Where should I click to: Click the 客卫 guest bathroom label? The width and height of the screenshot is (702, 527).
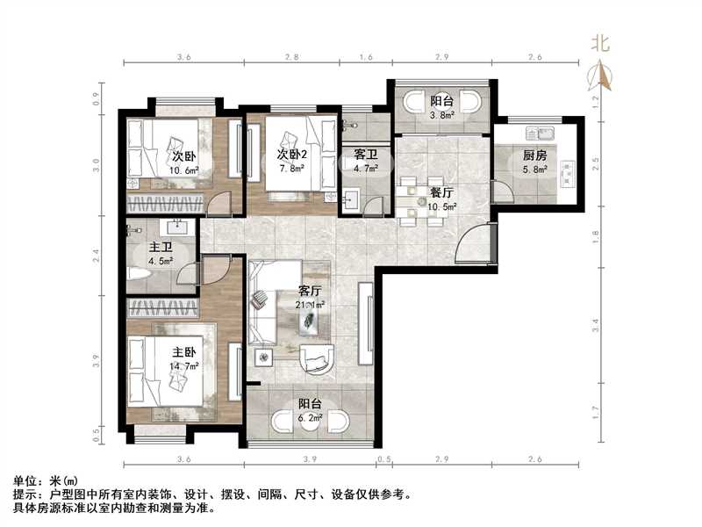click(x=365, y=155)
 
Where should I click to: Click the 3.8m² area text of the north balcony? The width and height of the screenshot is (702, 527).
click(x=441, y=114)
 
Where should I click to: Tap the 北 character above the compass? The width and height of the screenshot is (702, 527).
click(x=602, y=43)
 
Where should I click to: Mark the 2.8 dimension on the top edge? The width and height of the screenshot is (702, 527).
click(x=291, y=56)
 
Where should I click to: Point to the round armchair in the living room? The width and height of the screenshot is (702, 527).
click(x=316, y=359)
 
